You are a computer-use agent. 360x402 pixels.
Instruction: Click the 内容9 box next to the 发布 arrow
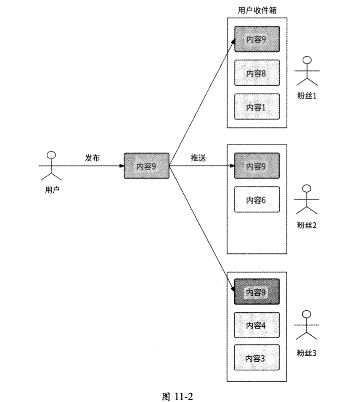(x=146, y=166)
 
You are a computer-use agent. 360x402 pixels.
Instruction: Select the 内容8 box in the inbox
(x=257, y=73)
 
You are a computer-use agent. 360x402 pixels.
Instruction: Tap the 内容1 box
(x=257, y=107)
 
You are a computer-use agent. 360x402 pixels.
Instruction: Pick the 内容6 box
(x=257, y=200)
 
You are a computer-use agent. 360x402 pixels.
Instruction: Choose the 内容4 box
(x=257, y=325)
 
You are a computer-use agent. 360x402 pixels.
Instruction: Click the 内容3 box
(x=257, y=358)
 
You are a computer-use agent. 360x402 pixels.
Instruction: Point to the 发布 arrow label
(x=93, y=158)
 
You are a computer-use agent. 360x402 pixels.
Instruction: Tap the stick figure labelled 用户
(x=51, y=166)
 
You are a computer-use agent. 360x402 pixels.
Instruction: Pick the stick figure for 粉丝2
(x=308, y=199)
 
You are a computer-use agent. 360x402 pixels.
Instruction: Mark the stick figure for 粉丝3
(x=308, y=325)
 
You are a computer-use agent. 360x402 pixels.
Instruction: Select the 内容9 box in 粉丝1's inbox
(x=257, y=39)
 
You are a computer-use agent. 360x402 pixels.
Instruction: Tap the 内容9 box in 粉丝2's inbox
(x=257, y=166)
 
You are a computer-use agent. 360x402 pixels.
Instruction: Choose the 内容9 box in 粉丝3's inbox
(x=257, y=292)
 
